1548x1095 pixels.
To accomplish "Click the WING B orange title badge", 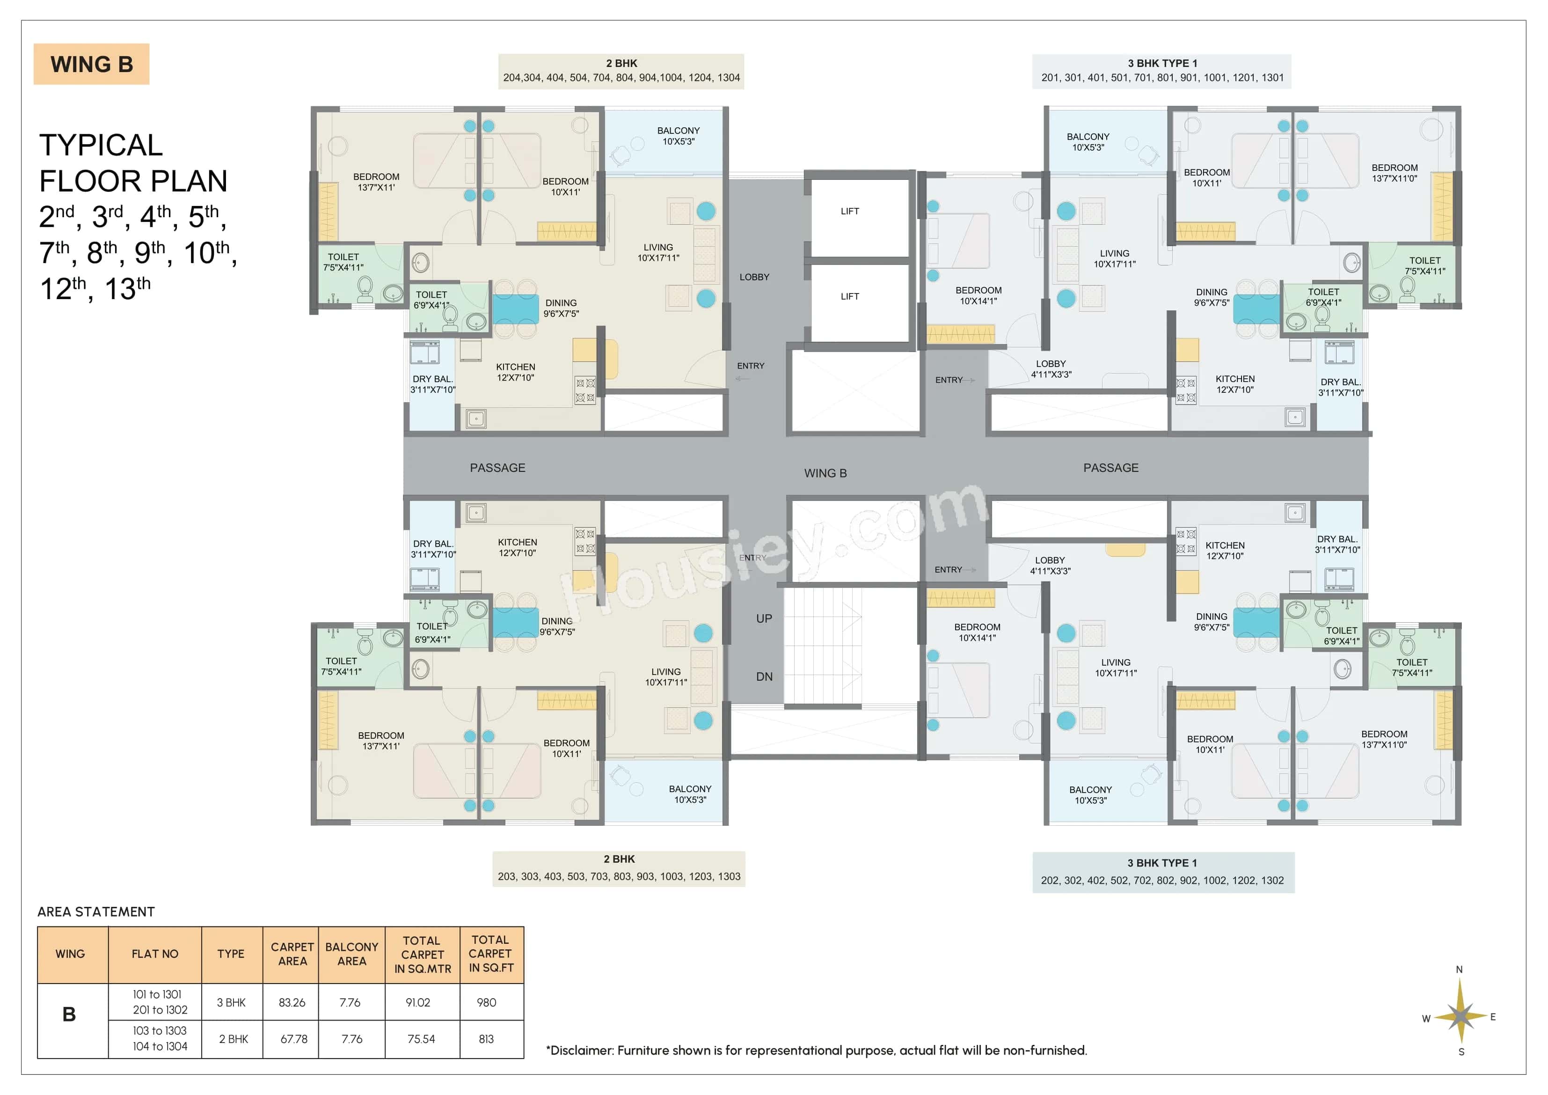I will click(x=91, y=64).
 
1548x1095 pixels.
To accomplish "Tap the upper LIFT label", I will click(x=849, y=211).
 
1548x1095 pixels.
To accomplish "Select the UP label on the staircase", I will click(x=764, y=619).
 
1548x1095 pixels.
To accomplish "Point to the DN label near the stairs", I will click(x=764, y=676).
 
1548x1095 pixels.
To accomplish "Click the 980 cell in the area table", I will click(x=486, y=1003).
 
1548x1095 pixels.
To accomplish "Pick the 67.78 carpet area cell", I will click(x=293, y=1039).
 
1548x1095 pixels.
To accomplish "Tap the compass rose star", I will click(x=1460, y=1015).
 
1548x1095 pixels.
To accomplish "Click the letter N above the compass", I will click(x=1459, y=970).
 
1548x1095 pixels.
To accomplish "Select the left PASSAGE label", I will click(x=497, y=468).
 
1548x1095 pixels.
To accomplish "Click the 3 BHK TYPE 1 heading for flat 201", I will click(x=1162, y=63).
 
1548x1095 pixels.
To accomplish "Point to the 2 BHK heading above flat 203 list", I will click(x=619, y=859).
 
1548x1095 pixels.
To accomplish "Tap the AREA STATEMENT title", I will click(x=96, y=912).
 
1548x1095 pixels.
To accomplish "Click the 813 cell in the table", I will click(x=486, y=1039).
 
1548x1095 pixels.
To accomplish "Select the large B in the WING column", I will click(x=69, y=1015).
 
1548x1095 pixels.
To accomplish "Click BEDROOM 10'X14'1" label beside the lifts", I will click(x=978, y=295).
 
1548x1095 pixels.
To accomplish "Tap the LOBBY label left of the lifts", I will click(x=754, y=277).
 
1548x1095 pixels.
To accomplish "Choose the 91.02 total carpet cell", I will click(x=418, y=1003).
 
